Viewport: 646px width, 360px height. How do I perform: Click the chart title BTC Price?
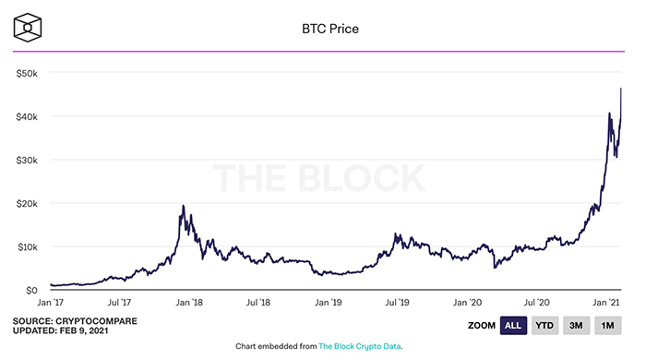point(323,29)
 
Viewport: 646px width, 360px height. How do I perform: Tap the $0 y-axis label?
point(30,290)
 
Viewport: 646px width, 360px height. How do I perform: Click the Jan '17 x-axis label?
point(51,302)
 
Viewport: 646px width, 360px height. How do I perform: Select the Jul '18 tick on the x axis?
point(259,302)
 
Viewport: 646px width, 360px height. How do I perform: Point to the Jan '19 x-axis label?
point(329,302)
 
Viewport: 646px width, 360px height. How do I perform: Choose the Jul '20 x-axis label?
point(538,302)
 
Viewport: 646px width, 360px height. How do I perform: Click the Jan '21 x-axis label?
point(606,302)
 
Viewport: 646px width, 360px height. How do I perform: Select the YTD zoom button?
point(545,326)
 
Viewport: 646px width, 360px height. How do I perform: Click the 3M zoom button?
point(578,326)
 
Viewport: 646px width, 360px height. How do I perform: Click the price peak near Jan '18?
point(184,206)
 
